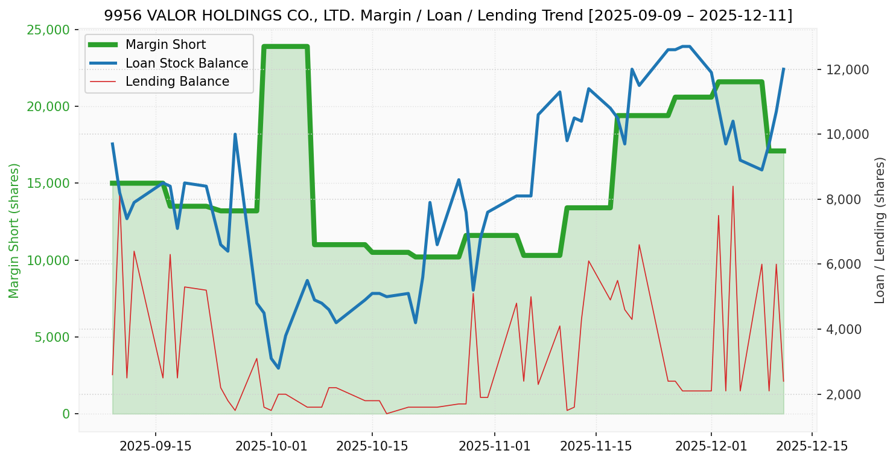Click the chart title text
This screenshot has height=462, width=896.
(x=448, y=16)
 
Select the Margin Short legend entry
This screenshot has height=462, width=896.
(x=165, y=45)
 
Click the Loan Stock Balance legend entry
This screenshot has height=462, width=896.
(x=186, y=63)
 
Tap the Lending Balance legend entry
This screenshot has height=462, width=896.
(x=177, y=82)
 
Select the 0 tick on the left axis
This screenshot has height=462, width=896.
(x=66, y=414)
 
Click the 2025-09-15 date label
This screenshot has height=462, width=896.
(x=156, y=446)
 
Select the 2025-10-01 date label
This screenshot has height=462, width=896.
(x=271, y=446)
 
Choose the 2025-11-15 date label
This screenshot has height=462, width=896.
(x=596, y=446)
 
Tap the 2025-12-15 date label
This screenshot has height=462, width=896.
(x=812, y=446)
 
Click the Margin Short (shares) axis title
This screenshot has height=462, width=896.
(x=14, y=230)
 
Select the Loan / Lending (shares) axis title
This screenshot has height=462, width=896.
(x=880, y=230)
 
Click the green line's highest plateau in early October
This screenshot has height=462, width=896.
(x=285, y=47)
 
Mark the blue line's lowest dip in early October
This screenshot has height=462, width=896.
(x=278, y=368)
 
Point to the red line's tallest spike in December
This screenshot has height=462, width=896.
(x=733, y=187)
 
